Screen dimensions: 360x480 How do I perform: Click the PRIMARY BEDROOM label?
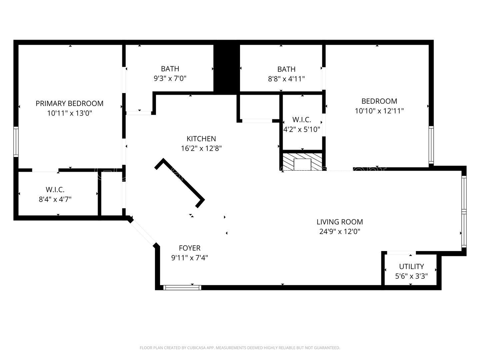(69, 103)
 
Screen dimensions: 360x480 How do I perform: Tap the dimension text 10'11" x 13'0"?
(69, 113)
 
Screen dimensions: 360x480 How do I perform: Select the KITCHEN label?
(201, 139)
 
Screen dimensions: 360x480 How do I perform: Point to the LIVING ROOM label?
(340, 222)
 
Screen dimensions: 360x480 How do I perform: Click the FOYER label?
(189, 248)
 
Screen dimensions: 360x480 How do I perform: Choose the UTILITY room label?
(411, 266)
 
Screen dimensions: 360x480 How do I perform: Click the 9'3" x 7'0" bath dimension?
(170, 79)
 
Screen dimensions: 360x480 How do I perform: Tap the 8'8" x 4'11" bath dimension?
(286, 79)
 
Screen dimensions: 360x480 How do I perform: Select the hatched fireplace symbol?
(302, 162)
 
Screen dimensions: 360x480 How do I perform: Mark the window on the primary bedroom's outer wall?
(16, 142)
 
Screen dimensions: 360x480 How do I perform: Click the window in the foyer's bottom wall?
(182, 287)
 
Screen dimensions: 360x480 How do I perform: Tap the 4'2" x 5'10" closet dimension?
(302, 129)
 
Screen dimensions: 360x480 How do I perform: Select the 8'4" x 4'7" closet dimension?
(55, 199)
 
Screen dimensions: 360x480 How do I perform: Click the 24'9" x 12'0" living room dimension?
(340, 231)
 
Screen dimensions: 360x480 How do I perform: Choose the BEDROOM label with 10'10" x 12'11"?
(379, 101)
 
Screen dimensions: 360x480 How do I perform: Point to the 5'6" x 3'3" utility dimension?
(411, 276)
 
